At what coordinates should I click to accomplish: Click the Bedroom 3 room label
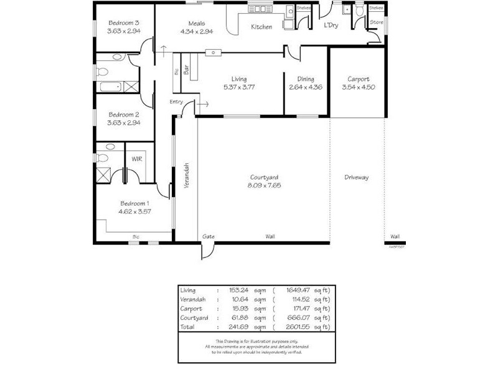[x=123, y=22]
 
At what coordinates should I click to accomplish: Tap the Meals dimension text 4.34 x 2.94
[x=197, y=32]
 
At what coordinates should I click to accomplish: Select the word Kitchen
[x=261, y=27]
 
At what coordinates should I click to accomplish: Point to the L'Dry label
[x=331, y=26]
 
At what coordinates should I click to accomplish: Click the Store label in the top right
[x=376, y=22]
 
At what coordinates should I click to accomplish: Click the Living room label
[x=239, y=79]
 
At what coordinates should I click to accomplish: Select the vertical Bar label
[x=186, y=71]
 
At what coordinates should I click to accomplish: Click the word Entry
[x=176, y=102]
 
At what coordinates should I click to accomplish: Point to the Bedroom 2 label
[x=123, y=115]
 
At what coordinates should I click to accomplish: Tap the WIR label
[x=136, y=158]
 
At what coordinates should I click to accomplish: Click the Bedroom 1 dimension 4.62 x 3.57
[x=134, y=212]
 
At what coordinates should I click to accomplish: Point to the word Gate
[x=209, y=237]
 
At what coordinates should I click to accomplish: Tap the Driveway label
[x=357, y=178]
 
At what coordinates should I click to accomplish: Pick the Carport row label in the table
[x=189, y=309]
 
